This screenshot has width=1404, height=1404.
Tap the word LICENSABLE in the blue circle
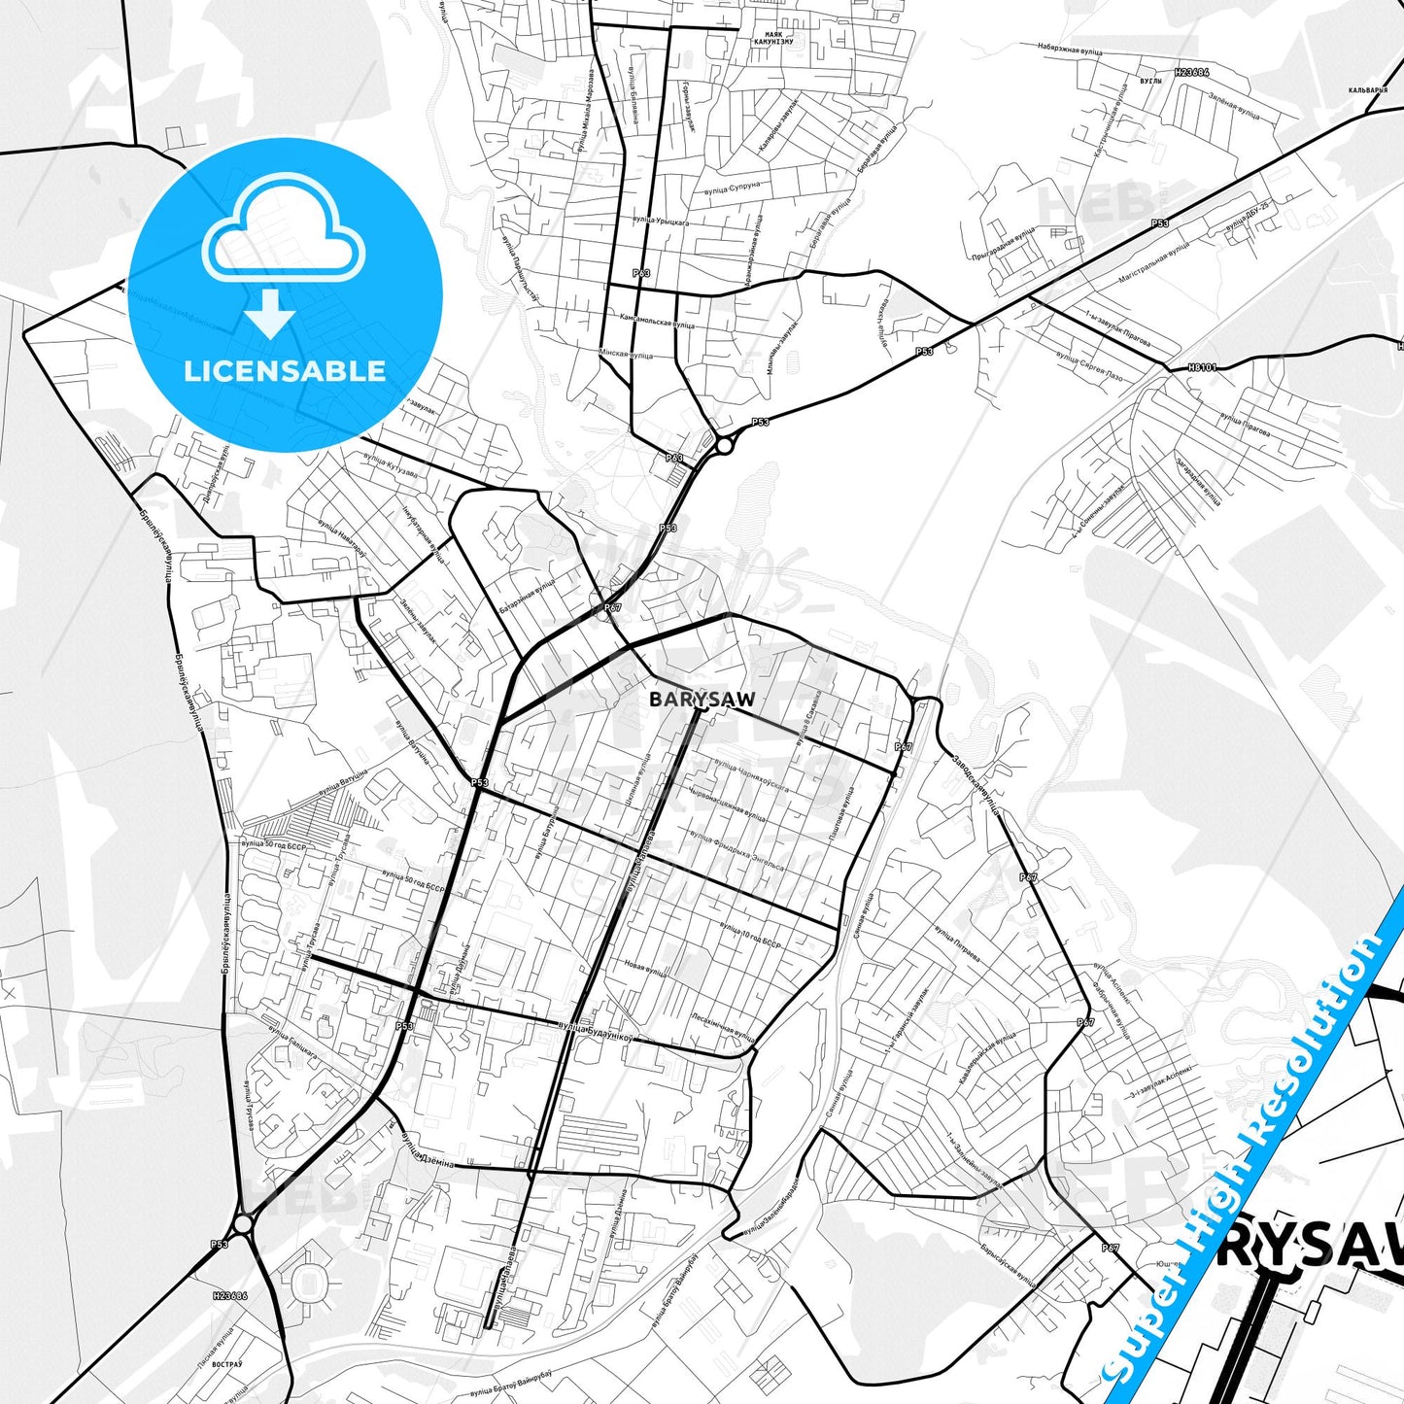click(x=285, y=371)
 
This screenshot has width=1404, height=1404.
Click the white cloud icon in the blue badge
click(x=284, y=229)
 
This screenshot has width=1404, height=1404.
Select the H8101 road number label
click(x=1202, y=368)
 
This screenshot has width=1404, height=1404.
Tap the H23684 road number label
click(x=1191, y=72)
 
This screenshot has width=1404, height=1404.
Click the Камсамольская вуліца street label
click(x=657, y=320)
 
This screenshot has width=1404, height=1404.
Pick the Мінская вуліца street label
click(x=627, y=356)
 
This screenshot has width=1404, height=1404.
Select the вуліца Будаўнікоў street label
click(x=596, y=1030)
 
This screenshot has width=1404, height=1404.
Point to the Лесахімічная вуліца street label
click(x=723, y=1023)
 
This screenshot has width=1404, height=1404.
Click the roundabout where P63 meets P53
click(x=724, y=446)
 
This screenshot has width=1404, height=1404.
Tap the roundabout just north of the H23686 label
click(x=244, y=1221)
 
